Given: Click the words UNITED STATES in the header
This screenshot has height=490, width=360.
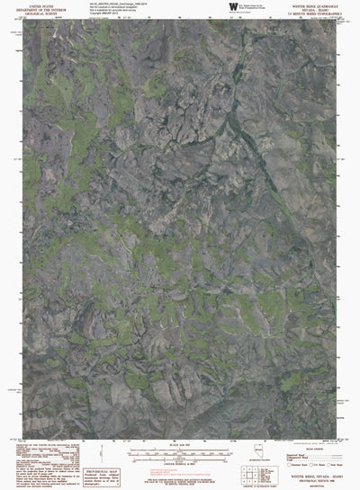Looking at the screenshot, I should [x=43, y=4].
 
